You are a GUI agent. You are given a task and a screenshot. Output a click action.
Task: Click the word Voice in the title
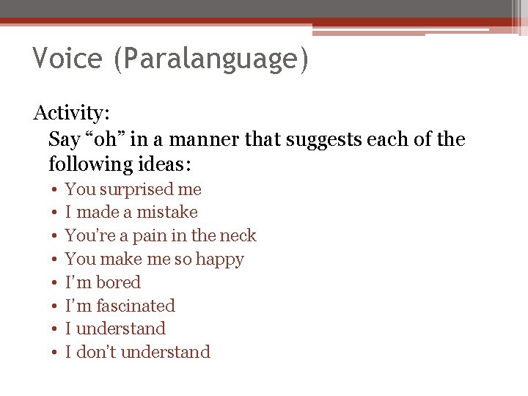pyautogui.click(x=67, y=59)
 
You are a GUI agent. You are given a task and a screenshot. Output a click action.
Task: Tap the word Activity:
pyautogui.click(x=72, y=114)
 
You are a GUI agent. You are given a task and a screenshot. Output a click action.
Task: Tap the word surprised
pyautogui.click(x=136, y=189)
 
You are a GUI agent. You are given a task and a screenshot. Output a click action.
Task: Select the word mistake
pyautogui.click(x=168, y=212)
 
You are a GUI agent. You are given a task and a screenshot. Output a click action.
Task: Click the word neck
pyautogui.click(x=239, y=235)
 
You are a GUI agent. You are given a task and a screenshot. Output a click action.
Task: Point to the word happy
pyautogui.click(x=219, y=260)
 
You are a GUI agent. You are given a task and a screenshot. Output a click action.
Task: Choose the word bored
pyautogui.click(x=118, y=282)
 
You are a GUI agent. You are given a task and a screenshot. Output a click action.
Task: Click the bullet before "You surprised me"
pyautogui.click(x=56, y=190)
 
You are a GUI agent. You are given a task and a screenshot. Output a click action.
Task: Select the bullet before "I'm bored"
pyautogui.click(x=56, y=283)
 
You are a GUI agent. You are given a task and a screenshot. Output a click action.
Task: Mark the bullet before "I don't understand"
pyautogui.click(x=56, y=353)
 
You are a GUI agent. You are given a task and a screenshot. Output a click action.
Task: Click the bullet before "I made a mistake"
pyautogui.click(x=56, y=213)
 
